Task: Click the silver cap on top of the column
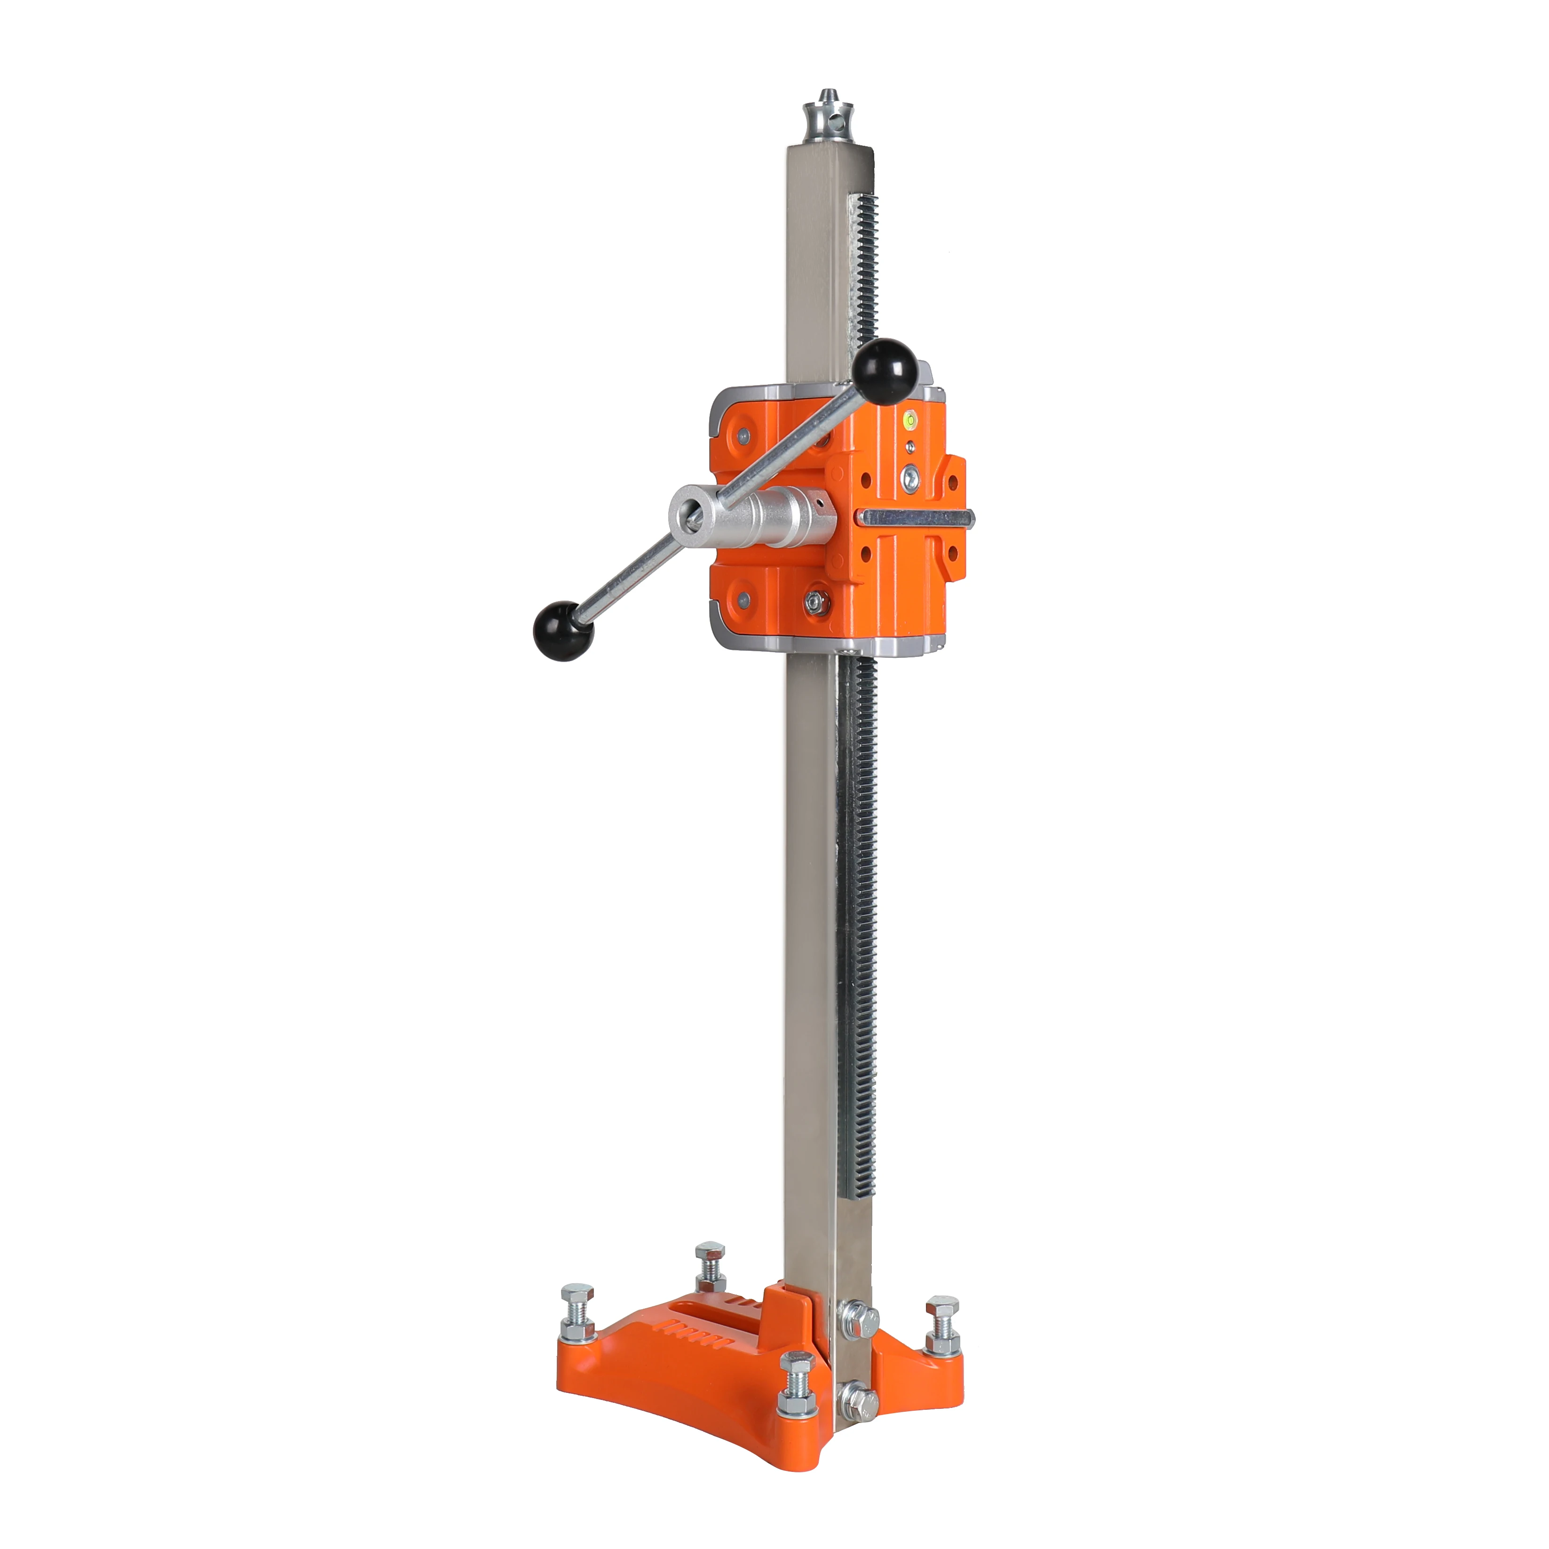826,121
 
